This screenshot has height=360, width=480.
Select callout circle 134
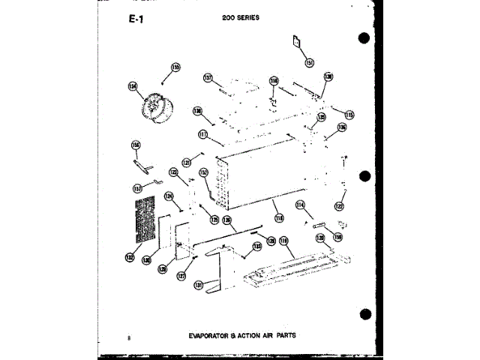133,86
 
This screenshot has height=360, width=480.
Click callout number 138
328,77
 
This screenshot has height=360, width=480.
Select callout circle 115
349,115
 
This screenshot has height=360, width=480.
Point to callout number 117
203,135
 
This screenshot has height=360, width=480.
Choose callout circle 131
199,285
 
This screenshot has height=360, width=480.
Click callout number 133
257,245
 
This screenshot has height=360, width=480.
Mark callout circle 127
181,275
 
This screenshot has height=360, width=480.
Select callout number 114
300,205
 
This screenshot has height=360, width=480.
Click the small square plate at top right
297,42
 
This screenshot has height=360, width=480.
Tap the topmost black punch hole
364,40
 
